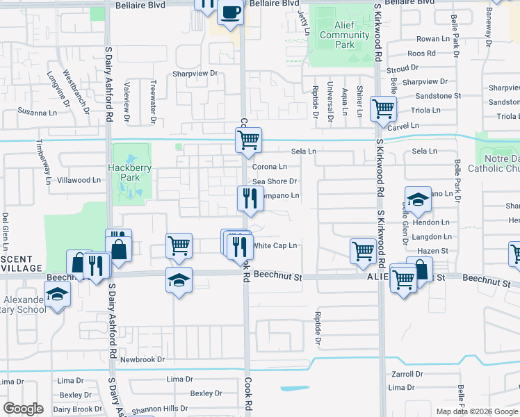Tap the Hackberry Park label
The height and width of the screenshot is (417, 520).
tap(125, 172)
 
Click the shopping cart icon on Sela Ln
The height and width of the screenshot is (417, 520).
tap(249, 140)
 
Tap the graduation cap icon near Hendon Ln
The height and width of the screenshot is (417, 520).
tap(417, 200)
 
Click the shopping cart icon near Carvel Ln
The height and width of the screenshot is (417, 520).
tap(382, 108)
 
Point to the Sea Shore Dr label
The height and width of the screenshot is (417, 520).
tap(275, 181)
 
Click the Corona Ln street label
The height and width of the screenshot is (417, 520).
tap(269, 167)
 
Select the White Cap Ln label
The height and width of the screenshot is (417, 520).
tap(275, 245)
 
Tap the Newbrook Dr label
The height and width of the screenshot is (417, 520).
tap(142, 359)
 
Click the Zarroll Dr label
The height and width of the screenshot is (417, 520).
tap(407, 374)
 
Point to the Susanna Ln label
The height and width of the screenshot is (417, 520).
tap(38, 112)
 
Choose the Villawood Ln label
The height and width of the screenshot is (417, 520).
tap(79, 180)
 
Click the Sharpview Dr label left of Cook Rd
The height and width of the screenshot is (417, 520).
tap(195, 73)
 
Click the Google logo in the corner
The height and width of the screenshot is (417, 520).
tap(22, 409)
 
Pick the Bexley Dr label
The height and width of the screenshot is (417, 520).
tap(206, 393)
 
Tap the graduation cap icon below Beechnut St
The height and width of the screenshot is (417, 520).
tap(179, 280)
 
